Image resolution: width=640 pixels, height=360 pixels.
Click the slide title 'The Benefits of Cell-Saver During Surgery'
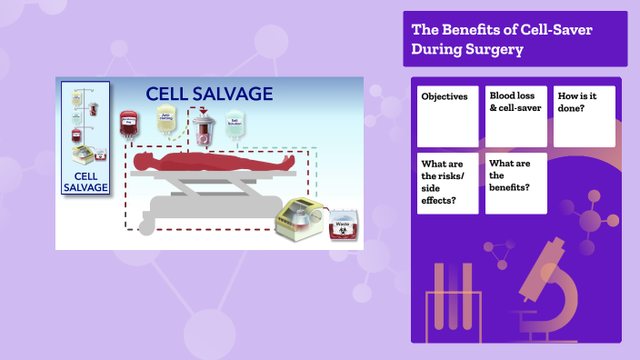tap(502, 39)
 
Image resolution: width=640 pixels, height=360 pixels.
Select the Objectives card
tap(447, 115)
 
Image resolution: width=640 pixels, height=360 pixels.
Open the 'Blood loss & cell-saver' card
tap(515, 115)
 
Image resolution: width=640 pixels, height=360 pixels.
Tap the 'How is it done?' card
tap(584, 115)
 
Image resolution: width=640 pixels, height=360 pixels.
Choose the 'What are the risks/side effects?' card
tap(447, 183)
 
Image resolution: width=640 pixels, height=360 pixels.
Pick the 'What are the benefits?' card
tap(515, 183)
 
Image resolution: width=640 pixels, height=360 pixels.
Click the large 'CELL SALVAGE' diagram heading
tap(210, 94)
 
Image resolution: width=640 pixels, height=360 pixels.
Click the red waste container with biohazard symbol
tap(344, 229)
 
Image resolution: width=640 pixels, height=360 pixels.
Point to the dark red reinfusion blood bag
tap(128, 123)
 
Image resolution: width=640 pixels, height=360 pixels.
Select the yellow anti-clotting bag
tap(166, 123)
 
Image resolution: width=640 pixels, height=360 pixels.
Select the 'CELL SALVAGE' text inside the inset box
tap(85, 182)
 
